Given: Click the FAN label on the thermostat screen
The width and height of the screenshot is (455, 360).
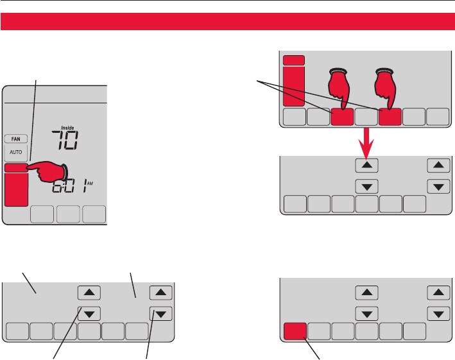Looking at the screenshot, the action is pos(15,138).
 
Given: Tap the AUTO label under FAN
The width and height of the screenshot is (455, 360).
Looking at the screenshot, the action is pos(15,153).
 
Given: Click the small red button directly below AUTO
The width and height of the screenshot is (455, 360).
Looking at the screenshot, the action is pos(15,168).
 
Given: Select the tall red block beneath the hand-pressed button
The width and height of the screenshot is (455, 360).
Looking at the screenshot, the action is pos(15,190).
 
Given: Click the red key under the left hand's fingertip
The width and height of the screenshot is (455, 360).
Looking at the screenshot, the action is pos(342,116).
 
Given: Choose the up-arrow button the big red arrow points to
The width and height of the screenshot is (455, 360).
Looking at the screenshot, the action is pos(366,166).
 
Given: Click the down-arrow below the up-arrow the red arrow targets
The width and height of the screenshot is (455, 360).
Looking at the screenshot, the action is pos(366,187).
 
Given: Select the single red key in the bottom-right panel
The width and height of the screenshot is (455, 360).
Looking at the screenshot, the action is pos(294,330).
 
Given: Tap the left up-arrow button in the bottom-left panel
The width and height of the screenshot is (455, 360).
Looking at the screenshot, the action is pos(89,293).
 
